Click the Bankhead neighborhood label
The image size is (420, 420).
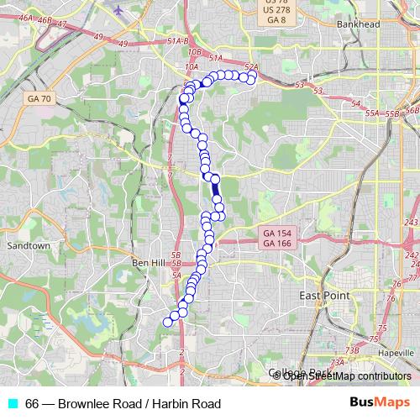[x=360, y=24]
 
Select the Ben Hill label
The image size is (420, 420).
[x=149, y=263]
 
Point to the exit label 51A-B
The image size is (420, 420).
[x=178, y=40]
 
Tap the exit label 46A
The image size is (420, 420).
[x=25, y=17]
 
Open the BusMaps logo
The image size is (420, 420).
[x=386, y=403]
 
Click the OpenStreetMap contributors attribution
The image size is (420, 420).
[x=346, y=376]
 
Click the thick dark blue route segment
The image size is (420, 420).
[x=216, y=192]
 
